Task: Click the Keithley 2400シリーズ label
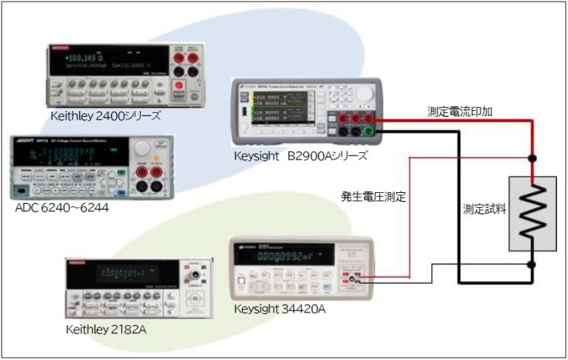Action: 105,116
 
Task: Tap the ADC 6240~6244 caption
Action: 61,207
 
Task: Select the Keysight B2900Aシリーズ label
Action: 300,156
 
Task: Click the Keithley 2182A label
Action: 106,328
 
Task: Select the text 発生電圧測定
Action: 373,197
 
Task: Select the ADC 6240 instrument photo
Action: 92,167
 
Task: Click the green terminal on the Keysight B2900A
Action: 379,131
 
